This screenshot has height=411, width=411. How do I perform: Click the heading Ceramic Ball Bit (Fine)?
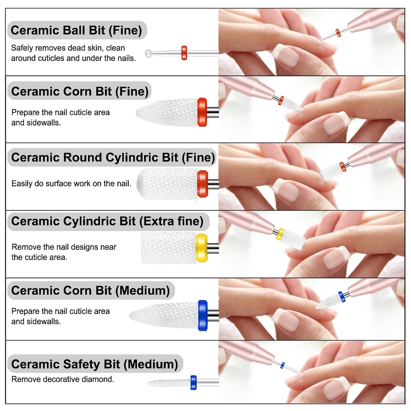(x=76, y=30)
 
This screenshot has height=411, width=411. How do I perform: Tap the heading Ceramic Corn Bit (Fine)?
(x=80, y=91)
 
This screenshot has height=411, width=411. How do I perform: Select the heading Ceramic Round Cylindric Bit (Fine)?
(x=113, y=158)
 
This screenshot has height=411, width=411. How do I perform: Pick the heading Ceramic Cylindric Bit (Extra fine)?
(x=107, y=221)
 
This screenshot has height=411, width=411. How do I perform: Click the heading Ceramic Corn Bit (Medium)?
(x=91, y=290)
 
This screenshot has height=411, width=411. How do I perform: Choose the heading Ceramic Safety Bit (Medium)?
(x=95, y=364)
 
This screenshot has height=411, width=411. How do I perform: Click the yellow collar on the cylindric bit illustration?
(x=201, y=248)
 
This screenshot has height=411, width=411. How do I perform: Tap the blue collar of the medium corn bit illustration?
(x=203, y=315)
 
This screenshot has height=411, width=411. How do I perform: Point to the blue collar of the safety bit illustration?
(x=193, y=383)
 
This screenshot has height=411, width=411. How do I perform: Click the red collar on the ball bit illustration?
(x=184, y=53)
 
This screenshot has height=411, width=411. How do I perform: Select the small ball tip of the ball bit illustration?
(x=148, y=53)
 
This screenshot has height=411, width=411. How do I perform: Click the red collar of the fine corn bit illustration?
(x=202, y=112)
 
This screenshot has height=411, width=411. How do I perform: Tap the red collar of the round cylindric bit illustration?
(x=203, y=184)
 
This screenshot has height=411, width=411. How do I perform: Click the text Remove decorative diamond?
(x=63, y=379)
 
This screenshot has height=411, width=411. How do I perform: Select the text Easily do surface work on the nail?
(x=71, y=183)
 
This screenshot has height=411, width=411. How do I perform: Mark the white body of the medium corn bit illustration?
(x=164, y=315)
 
